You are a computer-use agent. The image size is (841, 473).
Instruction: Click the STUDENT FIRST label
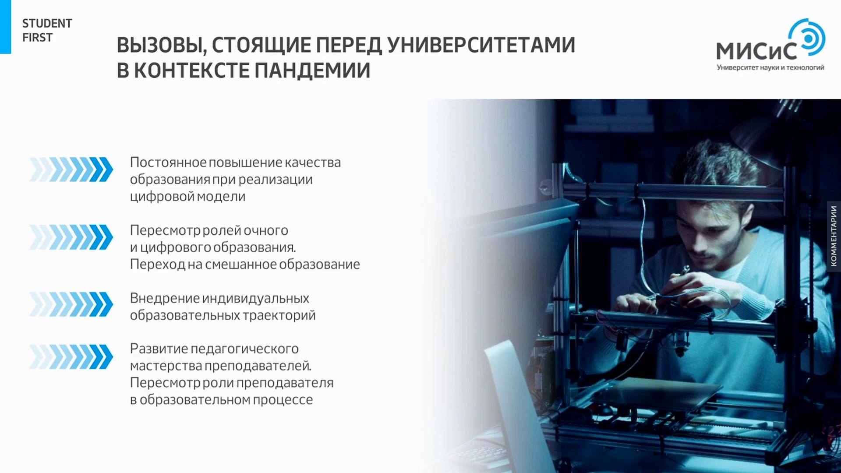pyautogui.click(x=47, y=30)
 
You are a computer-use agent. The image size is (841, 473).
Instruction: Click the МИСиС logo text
pyautogui.click(x=756, y=51)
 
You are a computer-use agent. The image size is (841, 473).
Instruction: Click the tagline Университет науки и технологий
pyautogui.click(x=770, y=67)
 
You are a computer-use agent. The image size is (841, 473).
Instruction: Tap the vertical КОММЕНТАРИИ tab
pyautogui.click(x=834, y=236)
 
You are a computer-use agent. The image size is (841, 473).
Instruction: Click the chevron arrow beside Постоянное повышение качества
pyautogui.click(x=71, y=169)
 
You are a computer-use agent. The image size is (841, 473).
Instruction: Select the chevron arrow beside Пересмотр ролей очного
pyautogui.click(x=71, y=237)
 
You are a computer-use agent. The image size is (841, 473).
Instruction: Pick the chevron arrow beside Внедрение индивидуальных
pyautogui.click(x=71, y=304)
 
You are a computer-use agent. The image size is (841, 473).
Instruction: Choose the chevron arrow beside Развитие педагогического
pyautogui.click(x=71, y=357)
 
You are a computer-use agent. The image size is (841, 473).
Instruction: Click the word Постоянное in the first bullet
pyautogui.click(x=168, y=162)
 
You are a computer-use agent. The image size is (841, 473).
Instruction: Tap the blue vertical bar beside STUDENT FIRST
pyautogui.click(x=5, y=27)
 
